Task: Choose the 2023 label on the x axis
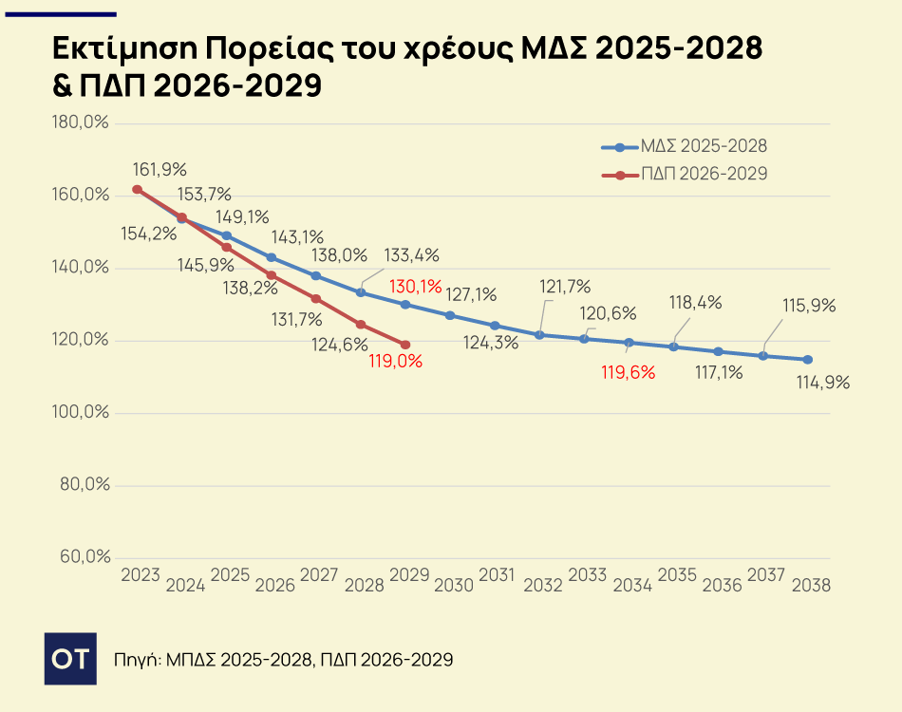coord(141,575)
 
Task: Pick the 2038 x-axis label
coord(811,586)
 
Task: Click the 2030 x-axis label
coord(454,586)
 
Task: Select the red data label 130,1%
coord(415,285)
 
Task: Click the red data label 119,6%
coord(628,372)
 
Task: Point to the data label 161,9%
coord(160,170)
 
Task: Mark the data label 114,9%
coord(822,383)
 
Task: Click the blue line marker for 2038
coord(808,360)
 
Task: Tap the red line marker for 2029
coord(405,345)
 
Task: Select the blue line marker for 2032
coord(539,335)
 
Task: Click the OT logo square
coord(70,658)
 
